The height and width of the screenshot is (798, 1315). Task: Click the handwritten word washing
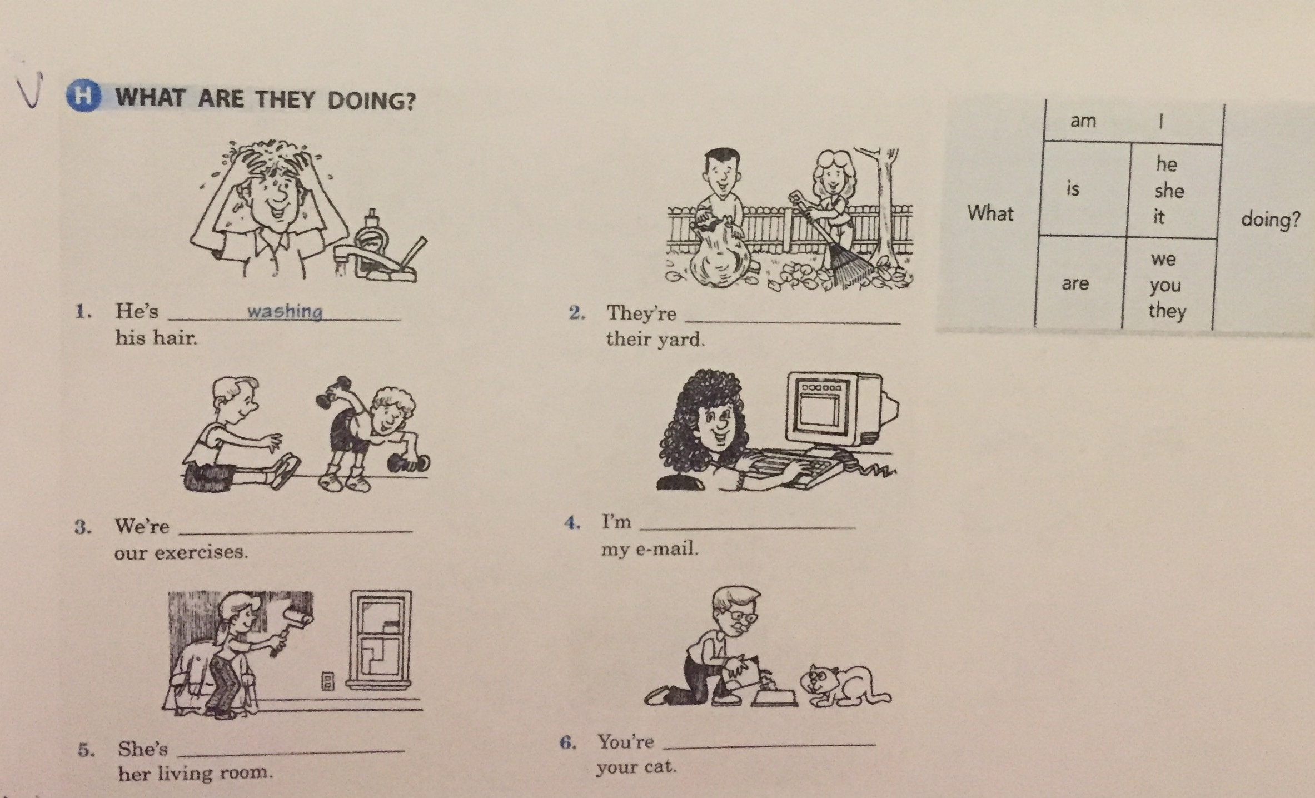(285, 312)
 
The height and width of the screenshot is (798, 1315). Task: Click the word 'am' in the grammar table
(1083, 121)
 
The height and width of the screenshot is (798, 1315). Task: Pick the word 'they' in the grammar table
(1167, 310)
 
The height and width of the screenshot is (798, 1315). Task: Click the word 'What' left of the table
(990, 213)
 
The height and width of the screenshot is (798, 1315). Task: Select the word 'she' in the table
(1169, 191)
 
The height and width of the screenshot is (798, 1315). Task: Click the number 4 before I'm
(572, 523)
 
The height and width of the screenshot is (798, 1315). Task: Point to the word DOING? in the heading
(371, 101)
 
